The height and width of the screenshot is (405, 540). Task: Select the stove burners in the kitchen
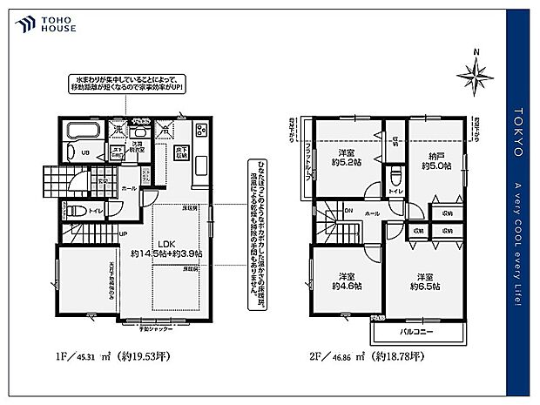tap(199, 131)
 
